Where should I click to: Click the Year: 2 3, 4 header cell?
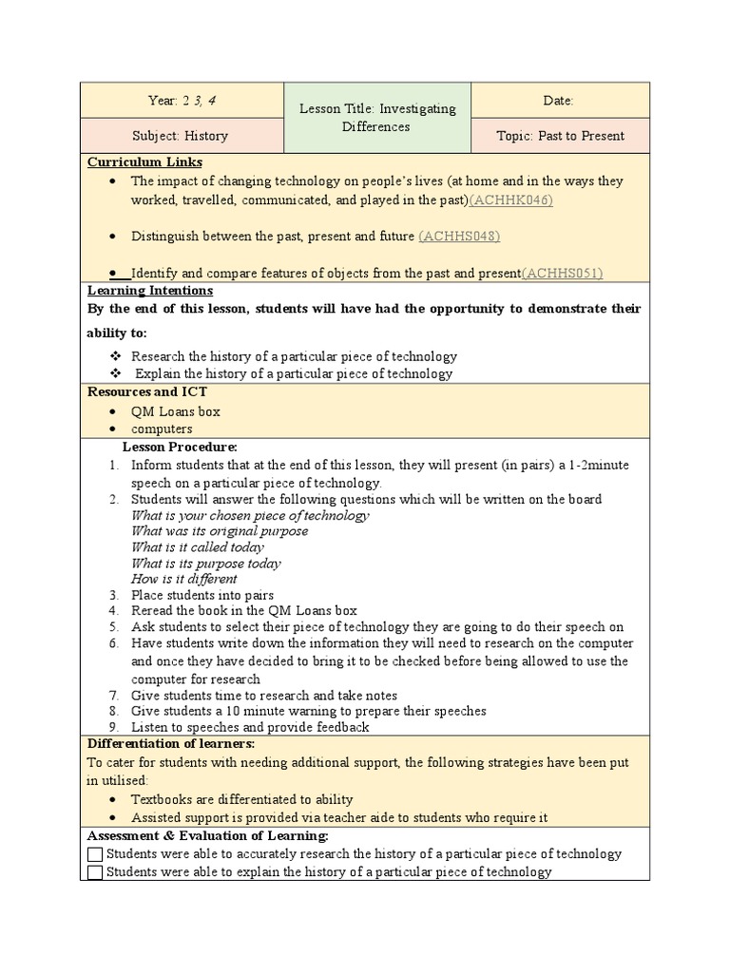point(182,100)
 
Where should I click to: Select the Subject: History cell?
point(182,136)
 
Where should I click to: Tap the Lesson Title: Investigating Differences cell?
point(377,117)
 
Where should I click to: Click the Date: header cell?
point(560,100)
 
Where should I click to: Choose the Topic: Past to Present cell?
point(560,136)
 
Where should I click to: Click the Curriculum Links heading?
point(144,162)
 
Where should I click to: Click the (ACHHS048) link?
point(459,236)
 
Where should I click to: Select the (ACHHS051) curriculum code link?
point(562,273)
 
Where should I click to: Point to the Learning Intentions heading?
point(150,291)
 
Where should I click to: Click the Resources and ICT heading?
point(147,391)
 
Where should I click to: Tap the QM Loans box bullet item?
point(175,411)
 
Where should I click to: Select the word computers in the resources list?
point(162,429)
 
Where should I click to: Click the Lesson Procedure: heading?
point(180,447)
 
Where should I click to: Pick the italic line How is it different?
point(184,579)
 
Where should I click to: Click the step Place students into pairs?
point(202,595)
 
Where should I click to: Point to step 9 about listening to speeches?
point(250,727)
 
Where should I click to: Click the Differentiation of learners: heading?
point(171,743)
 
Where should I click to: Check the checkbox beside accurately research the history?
point(95,854)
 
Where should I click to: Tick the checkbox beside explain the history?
point(95,872)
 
